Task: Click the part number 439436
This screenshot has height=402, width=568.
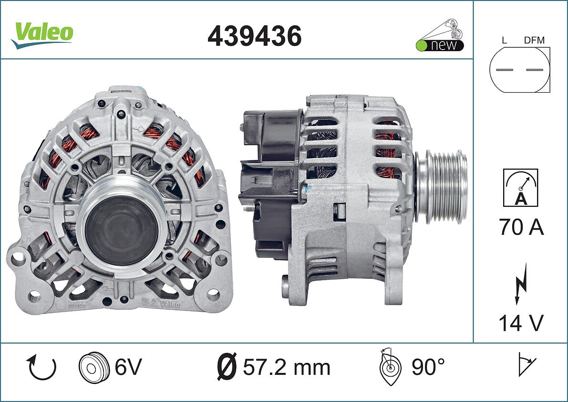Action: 254,36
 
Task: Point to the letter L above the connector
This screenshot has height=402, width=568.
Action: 504,40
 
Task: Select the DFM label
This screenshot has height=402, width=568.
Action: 534,40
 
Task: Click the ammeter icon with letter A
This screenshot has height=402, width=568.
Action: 520,188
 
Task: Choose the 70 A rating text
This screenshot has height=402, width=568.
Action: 522,227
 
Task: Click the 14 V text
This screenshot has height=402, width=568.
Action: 521,323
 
